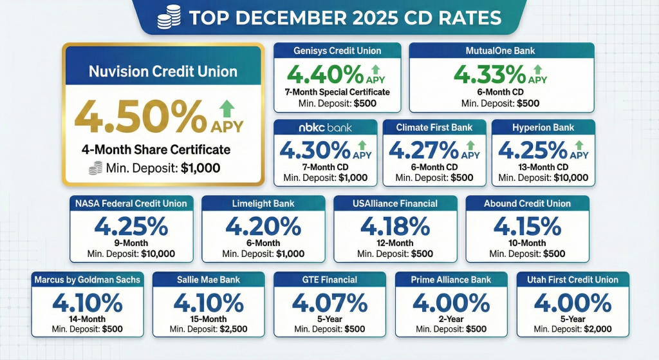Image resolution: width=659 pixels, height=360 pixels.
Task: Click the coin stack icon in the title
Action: [170, 17]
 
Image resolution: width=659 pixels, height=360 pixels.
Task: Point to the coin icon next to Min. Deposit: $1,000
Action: [95, 168]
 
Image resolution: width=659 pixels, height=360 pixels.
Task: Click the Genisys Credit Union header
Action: [337, 51]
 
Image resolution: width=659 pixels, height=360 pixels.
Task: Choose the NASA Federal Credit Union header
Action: [131, 204]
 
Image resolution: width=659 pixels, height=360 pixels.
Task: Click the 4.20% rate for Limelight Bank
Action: [263, 227]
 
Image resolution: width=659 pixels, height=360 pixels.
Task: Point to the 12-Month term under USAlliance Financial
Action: [395, 243]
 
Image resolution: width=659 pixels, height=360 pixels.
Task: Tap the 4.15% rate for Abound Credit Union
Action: [527, 227]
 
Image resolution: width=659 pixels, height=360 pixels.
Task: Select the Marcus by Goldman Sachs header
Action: [86, 280]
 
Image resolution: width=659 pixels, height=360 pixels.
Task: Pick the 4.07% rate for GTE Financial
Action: [329, 303]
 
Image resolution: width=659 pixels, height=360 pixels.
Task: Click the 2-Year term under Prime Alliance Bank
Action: [450, 319]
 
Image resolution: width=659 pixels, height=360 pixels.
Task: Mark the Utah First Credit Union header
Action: [572, 280]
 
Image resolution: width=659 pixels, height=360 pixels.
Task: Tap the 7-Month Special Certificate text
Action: [337, 92]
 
